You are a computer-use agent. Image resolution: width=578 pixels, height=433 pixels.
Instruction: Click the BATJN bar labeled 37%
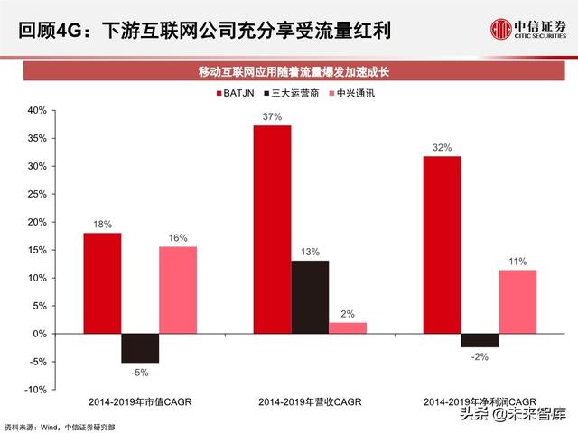(272, 229)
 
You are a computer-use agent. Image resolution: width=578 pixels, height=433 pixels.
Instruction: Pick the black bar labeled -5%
(140, 348)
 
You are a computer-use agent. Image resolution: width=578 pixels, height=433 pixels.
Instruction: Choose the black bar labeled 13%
(310, 297)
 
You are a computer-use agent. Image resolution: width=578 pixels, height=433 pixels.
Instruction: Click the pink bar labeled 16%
(177, 290)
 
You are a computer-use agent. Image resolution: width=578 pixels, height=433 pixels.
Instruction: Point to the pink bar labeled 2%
(347, 328)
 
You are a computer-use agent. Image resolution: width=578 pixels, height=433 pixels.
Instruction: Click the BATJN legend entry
(238, 92)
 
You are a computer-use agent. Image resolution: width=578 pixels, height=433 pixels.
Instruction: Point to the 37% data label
(272, 116)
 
